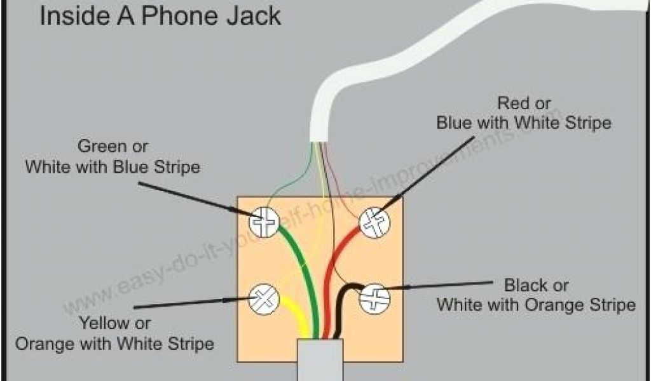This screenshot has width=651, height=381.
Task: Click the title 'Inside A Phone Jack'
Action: pyautogui.click(x=160, y=16)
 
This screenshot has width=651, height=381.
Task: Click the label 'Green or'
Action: pyautogui.click(x=113, y=147)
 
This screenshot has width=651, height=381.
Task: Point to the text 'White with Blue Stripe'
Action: pyautogui.click(x=113, y=167)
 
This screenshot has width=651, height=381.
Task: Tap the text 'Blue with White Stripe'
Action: pyautogui.click(x=524, y=123)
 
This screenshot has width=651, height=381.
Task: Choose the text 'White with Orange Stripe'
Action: pyautogui.click(x=536, y=305)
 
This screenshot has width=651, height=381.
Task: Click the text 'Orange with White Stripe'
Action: pyautogui.click(x=114, y=344)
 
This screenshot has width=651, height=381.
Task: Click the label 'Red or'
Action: pyautogui.click(x=524, y=102)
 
